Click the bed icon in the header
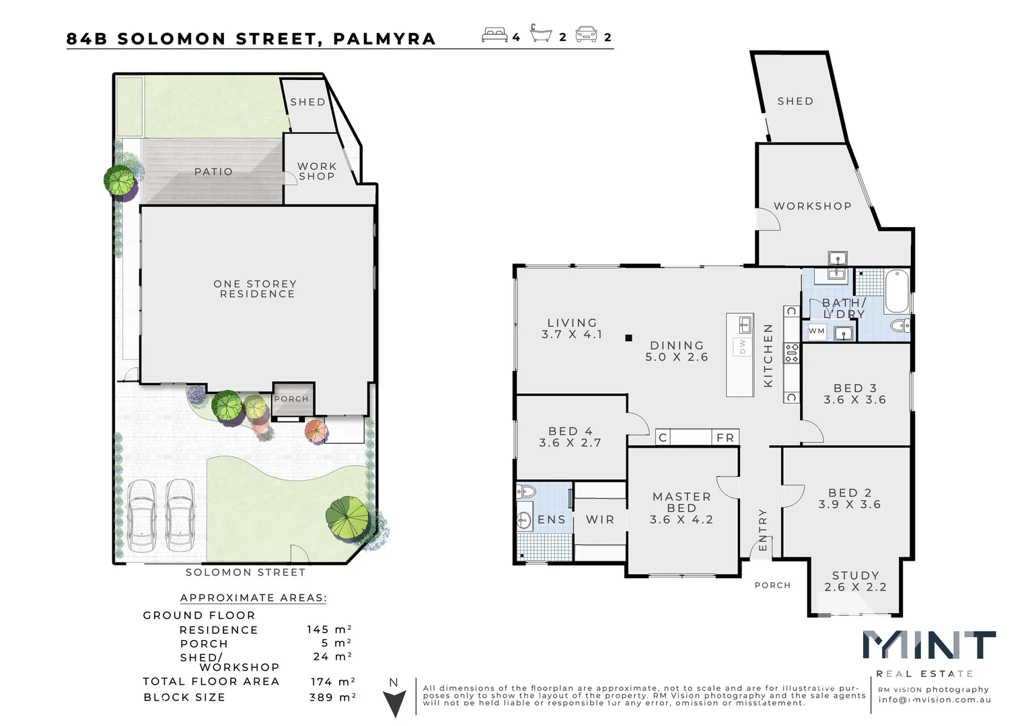(x=494, y=35)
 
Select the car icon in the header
(x=586, y=35)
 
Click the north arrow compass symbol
(x=394, y=702)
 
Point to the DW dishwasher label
(x=743, y=346)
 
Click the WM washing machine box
(x=817, y=331)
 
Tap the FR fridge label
(x=725, y=438)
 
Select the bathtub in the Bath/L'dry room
(x=896, y=291)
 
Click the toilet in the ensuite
(x=525, y=491)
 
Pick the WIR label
(x=600, y=520)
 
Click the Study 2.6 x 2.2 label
(x=855, y=581)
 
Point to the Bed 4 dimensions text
(x=570, y=443)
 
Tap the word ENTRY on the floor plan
(x=762, y=530)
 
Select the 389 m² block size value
(x=332, y=697)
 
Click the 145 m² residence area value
(x=329, y=630)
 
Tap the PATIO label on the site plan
(x=213, y=172)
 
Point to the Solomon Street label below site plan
(x=246, y=573)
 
